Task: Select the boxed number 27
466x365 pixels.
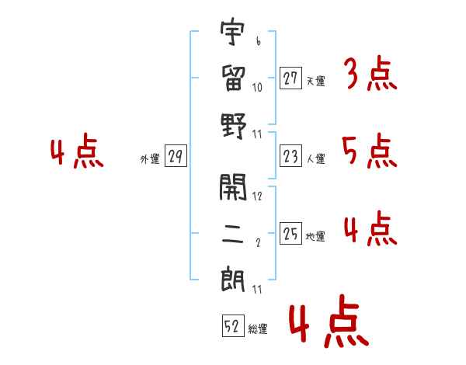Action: click(290, 78)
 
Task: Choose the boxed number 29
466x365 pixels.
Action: click(176, 158)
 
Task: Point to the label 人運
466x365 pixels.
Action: click(315, 159)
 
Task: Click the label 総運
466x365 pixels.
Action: click(258, 329)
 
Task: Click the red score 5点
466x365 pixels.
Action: click(370, 152)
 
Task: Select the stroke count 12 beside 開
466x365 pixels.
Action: click(258, 196)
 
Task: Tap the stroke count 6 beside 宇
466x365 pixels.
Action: click(258, 41)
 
